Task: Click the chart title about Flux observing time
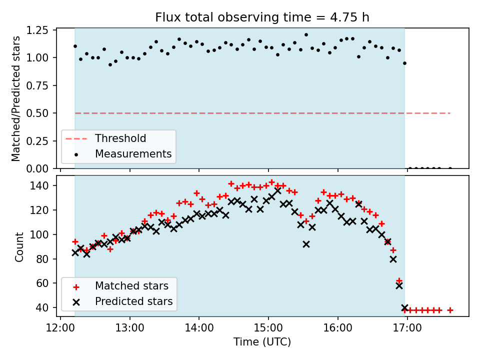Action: coord(262,17)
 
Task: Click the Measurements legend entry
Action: coord(133,153)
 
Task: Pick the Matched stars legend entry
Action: coord(131,286)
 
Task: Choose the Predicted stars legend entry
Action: coord(133,301)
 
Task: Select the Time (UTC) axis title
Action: coord(262,342)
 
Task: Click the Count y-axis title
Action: coord(19,246)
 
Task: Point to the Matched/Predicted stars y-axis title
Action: coord(16,98)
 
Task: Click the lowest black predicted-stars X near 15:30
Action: coord(306,244)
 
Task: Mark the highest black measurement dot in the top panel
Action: coord(306,35)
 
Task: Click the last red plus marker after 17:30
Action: coord(450,310)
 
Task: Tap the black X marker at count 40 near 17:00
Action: coord(404,307)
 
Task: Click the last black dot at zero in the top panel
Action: coord(450,168)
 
